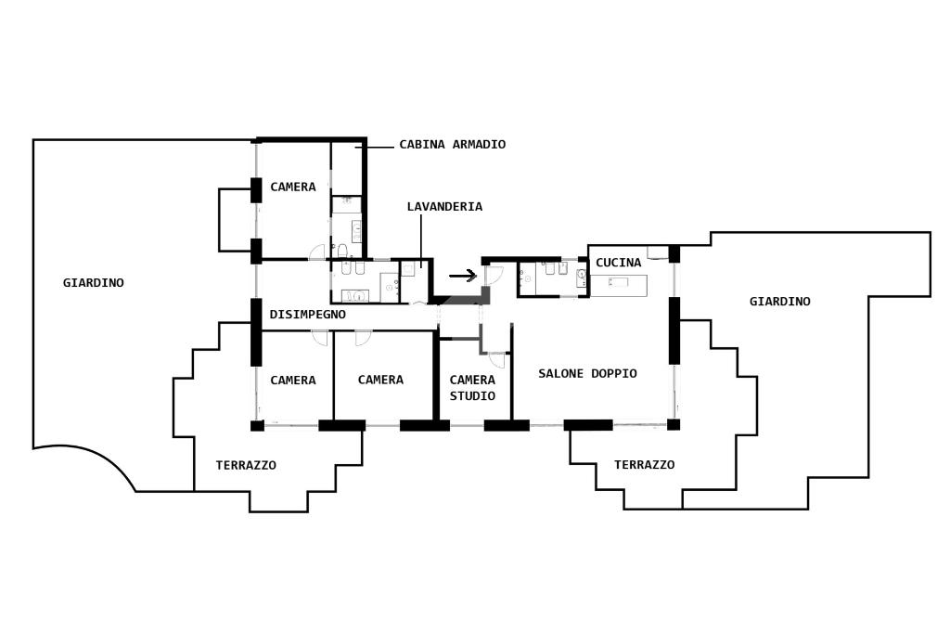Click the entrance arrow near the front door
462,276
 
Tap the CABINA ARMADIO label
452,145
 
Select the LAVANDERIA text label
444,207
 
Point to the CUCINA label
618,263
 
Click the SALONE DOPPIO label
587,373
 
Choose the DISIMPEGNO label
307,315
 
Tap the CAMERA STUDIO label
472,388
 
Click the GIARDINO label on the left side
93,283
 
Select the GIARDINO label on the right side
779,302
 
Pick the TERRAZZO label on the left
245,465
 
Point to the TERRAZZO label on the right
644,465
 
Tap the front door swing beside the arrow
493,274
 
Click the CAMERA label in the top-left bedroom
292,187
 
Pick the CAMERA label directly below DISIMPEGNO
292,380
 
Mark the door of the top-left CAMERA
317,252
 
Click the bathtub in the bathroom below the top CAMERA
355,296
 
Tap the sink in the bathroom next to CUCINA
581,275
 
